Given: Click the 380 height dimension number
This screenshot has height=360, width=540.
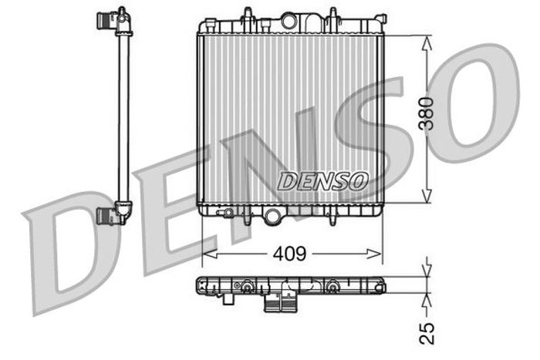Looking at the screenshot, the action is pos(426,113).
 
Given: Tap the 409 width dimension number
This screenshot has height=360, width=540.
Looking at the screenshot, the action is pos(289,254).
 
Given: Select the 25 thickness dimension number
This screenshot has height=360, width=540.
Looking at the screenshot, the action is pos(427,333).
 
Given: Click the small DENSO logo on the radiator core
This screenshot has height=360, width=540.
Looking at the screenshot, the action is pos(322,181).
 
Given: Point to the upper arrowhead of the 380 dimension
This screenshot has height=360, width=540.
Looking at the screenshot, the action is pos(427,44).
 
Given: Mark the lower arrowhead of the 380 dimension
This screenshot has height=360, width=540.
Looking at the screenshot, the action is pos(427,195).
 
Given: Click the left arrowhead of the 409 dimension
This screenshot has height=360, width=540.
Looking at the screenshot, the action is pos(210,254).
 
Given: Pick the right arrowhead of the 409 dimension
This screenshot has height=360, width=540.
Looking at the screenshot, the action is pos(374,254).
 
